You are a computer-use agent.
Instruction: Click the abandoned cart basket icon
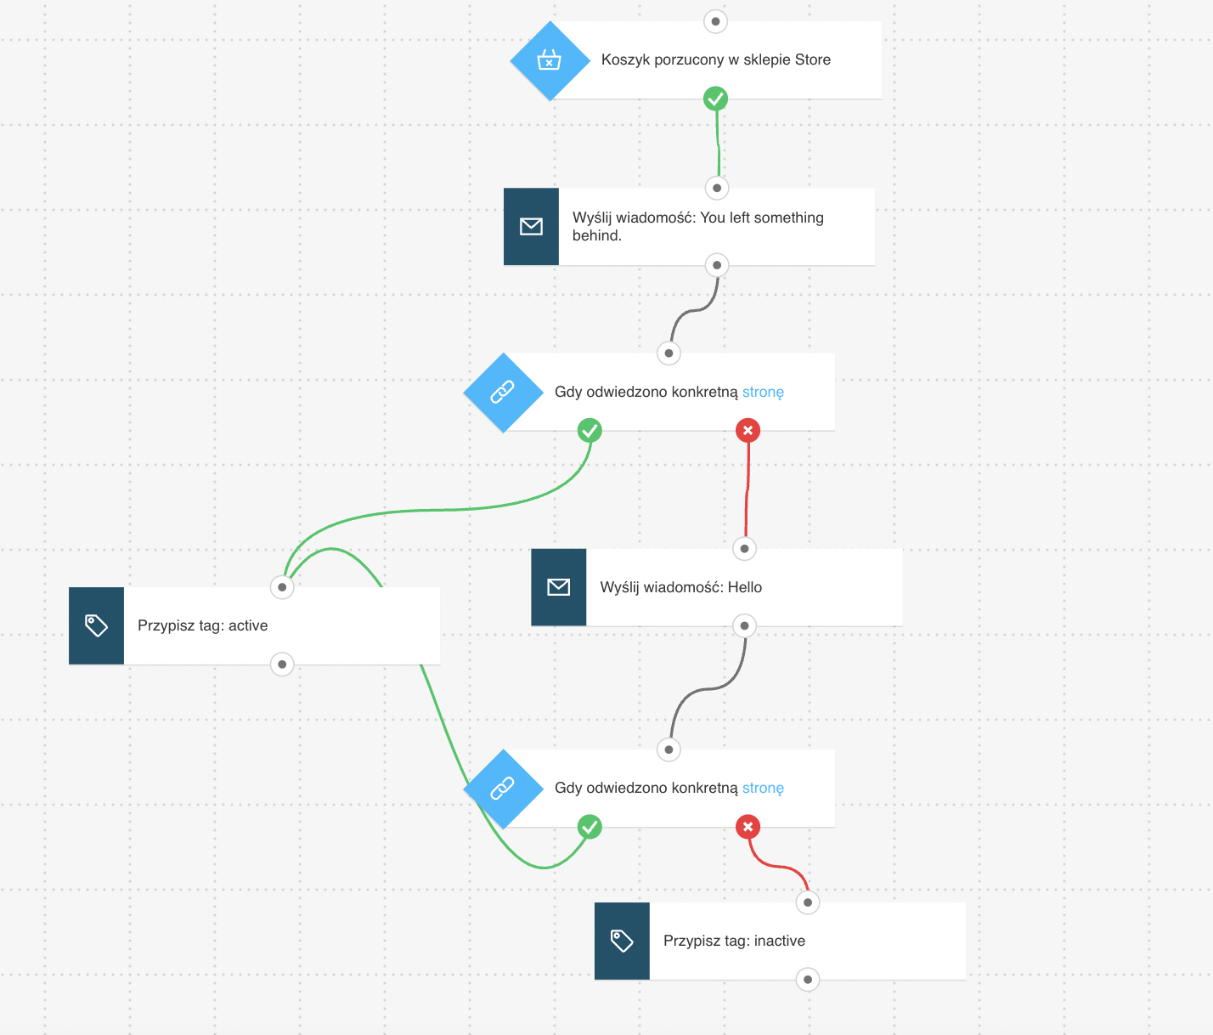pos(550,59)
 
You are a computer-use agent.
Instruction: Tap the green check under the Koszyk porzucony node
pos(715,99)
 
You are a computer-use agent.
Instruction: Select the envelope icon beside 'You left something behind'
pos(531,227)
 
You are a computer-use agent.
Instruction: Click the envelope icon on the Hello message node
pos(558,587)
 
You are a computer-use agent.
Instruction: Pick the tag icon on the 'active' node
pos(96,625)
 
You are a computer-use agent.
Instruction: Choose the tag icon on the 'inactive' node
pos(622,941)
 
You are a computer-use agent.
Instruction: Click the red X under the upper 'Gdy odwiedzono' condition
pos(748,430)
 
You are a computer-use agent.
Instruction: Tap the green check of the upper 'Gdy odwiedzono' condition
pos(590,430)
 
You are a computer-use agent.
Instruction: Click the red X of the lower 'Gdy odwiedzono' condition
pos(748,827)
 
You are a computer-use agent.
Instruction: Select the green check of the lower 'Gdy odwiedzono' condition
pos(590,827)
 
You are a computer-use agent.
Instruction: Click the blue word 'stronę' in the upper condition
pos(763,392)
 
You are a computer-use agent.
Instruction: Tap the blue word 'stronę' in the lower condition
pos(763,789)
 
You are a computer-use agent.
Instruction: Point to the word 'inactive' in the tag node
pos(779,941)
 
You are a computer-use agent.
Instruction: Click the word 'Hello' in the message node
pos(745,587)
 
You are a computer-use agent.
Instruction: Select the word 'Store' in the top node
pos(813,59)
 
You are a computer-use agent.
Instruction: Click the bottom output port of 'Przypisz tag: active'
pos(282,665)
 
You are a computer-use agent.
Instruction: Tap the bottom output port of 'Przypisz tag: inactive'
pos(808,979)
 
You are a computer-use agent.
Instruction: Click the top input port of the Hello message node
pos(744,549)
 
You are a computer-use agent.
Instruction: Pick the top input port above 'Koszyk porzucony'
pos(715,22)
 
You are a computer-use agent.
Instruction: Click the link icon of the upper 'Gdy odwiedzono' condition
pos(502,392)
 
